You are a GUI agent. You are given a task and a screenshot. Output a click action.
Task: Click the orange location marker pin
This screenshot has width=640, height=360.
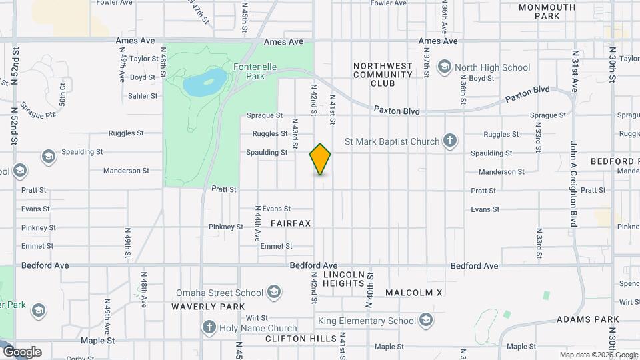(x=321, y=159)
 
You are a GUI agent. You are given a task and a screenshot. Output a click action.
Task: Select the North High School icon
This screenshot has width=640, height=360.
(x=444, y=67)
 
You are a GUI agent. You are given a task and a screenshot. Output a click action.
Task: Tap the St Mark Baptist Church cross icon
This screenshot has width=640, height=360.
(x=451, y=141)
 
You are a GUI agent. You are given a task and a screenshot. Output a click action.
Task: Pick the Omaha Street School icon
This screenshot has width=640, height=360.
(x=273, y=292)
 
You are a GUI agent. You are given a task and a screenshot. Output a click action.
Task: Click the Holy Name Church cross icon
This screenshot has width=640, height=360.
(x=209, y=327)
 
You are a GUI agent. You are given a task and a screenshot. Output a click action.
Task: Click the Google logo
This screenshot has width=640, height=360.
(x=22, y=352)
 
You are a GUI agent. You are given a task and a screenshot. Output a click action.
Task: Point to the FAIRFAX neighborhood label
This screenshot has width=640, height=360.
(x=291, y=223)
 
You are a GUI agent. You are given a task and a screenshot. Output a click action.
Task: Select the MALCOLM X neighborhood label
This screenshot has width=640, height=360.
(x=413, y=293)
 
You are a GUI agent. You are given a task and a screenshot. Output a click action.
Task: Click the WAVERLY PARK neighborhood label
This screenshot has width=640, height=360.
(x=203, y=307)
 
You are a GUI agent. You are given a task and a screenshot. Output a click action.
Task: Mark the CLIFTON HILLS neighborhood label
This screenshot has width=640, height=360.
(x=301, y=339)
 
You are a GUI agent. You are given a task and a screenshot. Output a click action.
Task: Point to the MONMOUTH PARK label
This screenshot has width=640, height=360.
(x=547, y=11)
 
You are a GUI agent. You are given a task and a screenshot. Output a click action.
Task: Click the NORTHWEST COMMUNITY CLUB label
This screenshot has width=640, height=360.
(x=383, y=75)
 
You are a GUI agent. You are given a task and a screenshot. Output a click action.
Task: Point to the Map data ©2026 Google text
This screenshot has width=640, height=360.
(x=598, y=355)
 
